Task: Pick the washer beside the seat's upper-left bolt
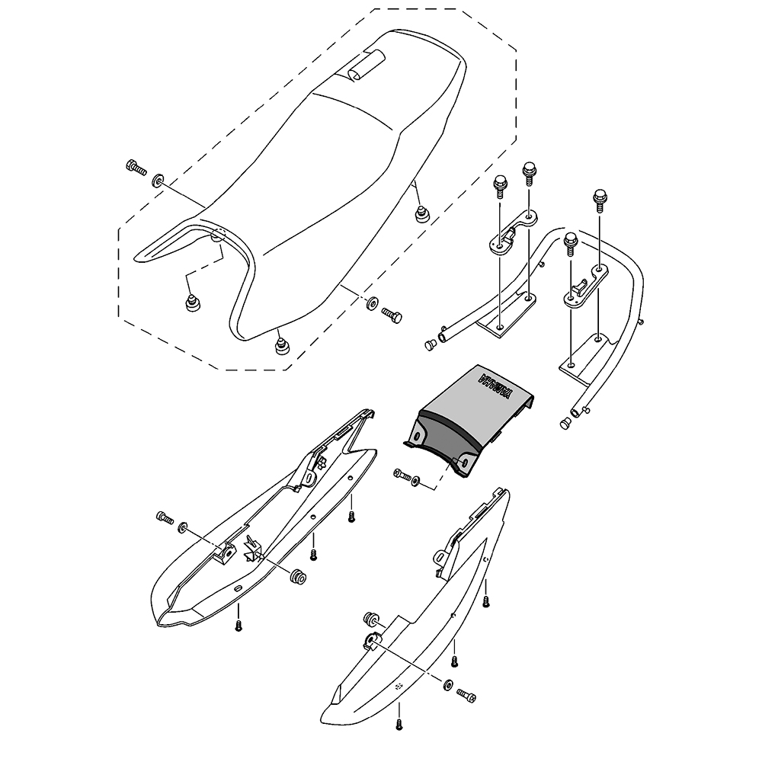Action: click(x=158, y=181)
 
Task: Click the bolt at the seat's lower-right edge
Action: click(x=391, y=315)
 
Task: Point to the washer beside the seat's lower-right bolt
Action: click(x=373, y=303)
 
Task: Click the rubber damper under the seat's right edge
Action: click(x=422, y=213)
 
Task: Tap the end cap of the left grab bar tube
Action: click(x=430, y=345)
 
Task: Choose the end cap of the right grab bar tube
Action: click(x=565, y=422)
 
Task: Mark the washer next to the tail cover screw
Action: click(x=416, y=481)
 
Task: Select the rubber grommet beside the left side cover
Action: click(x=297, y=578)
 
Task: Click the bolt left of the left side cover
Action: click(x=165, y=517)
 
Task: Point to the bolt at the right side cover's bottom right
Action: click(x=466, y=696)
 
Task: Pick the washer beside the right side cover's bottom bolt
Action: click(x=447, y=685)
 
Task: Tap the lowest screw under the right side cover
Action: click(x=399, y=725)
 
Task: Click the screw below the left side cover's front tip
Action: click(x=238, y=625)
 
